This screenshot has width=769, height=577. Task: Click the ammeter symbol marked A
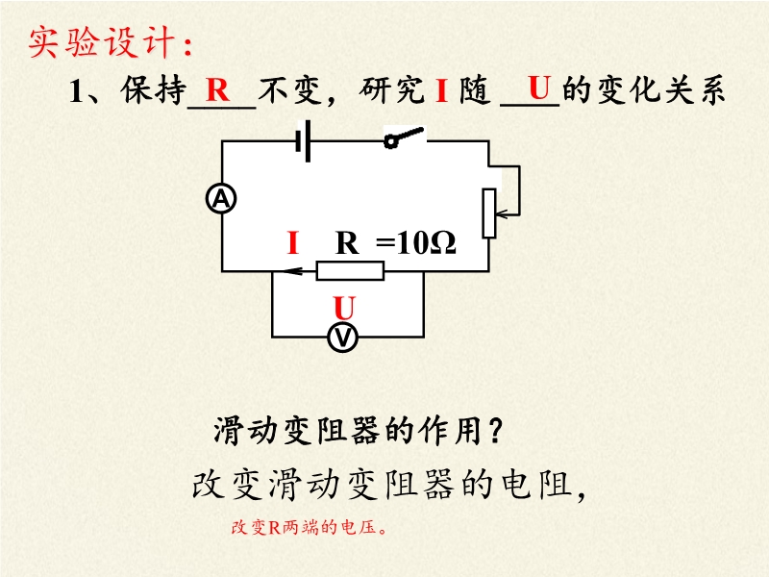click(222, 199)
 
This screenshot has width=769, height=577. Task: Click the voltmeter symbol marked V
click(343, 338)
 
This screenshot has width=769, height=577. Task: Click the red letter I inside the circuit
click(293, 244)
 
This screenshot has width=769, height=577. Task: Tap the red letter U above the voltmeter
click(343, 308)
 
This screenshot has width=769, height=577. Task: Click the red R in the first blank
click(218, 91)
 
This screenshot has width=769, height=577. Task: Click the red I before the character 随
click(442, 92)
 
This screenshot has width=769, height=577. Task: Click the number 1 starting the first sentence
click(79, 92)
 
